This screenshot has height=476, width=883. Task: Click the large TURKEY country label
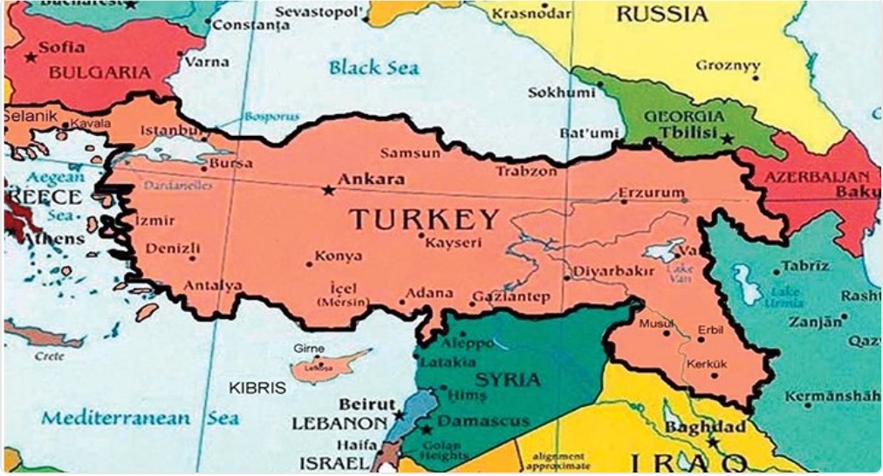pos(425,220)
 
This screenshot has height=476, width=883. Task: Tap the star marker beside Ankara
pos(328,189)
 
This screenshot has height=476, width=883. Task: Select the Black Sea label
pos(374,67)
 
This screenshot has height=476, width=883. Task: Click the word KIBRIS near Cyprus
pos(257,388)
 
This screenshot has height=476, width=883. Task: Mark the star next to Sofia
pos(31,58)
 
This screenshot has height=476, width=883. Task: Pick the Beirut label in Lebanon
pos(363,405)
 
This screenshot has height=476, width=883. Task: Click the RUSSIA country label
pos(661,14)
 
